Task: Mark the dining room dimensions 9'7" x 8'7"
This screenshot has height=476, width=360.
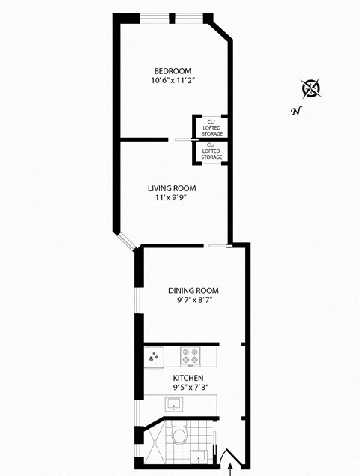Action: click(193, 301)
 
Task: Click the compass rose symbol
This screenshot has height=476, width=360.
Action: click(311, 89)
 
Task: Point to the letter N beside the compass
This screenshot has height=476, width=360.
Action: click(296, 112)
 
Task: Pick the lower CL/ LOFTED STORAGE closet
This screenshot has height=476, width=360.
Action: click(212, 151)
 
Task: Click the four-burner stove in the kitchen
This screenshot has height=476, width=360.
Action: click(190, 354)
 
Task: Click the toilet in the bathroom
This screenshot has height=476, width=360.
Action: click(178, 434)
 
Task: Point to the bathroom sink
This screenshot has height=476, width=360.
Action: click(200, 455)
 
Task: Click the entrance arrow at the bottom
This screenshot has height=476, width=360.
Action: click(230, 469)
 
